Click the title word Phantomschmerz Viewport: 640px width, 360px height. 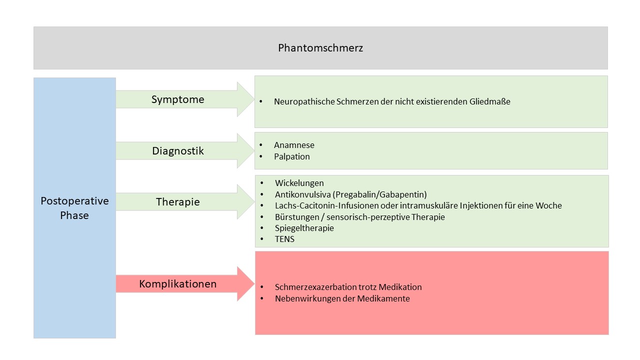(320, 48)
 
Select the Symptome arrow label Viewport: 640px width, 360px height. (177, 99)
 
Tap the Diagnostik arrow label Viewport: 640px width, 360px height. (177, 151)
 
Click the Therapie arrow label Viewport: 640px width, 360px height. (177, 202)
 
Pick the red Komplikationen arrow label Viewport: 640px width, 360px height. (177, 283)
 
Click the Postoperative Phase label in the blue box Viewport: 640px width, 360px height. (74, 208)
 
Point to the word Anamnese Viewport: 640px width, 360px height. (294, 145)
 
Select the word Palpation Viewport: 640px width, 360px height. (291, 156)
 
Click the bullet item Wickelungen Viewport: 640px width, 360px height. (299, 183)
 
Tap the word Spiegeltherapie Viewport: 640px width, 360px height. (304, 228)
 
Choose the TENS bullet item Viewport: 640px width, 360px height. (284, 239)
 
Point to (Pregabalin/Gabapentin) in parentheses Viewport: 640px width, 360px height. (381, 194)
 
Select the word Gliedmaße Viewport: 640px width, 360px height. (489, 101)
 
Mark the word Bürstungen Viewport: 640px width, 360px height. (297, 217)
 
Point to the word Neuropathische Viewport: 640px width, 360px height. (304, 101)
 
